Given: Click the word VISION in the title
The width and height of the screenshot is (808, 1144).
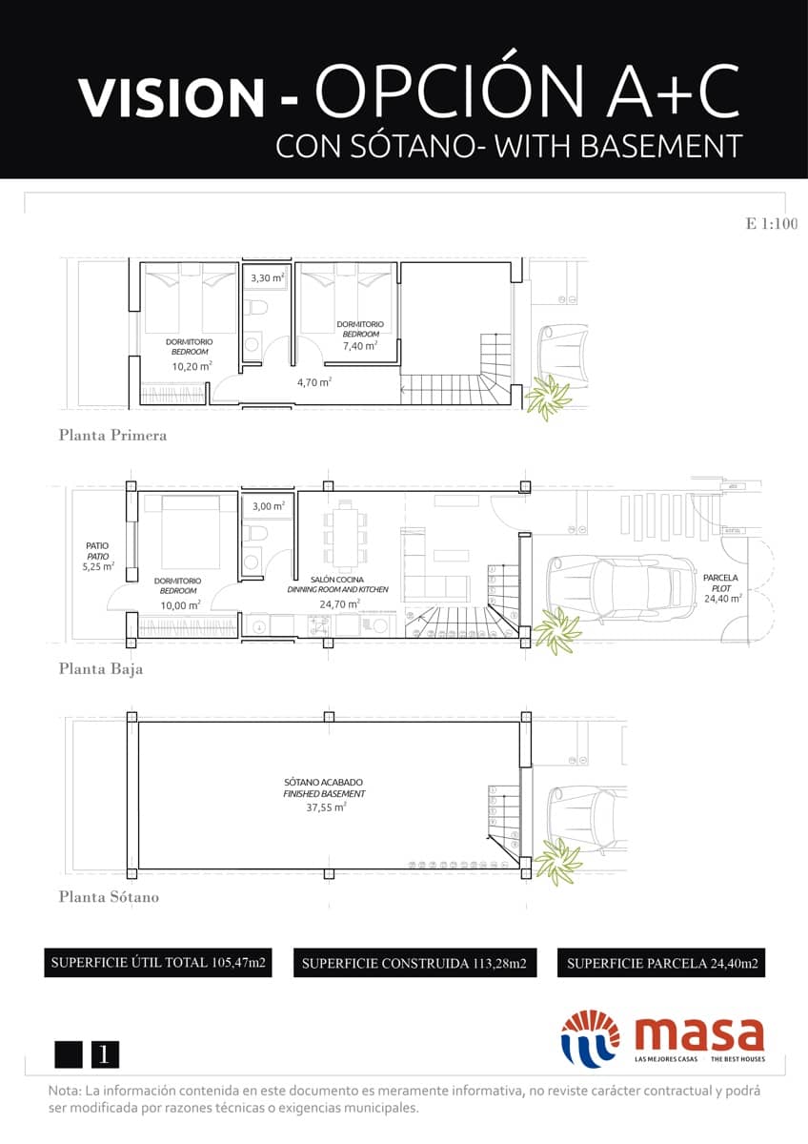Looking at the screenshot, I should (x=172, y=96).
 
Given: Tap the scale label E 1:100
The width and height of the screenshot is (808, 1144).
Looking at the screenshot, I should (x=771, y=225).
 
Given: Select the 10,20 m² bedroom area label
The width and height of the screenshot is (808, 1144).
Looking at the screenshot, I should (x=192, y=365).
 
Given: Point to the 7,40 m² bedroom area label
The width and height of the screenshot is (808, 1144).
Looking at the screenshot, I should (x=360, y=345).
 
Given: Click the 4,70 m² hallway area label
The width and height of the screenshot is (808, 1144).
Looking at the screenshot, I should (x=313, y=382).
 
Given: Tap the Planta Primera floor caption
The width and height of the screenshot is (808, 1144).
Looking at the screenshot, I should (x=112, y=436).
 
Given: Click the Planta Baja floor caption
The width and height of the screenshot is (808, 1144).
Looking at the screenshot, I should (x=101, y=669).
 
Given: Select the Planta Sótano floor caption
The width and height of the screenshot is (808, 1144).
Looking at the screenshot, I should (x=109, y=897).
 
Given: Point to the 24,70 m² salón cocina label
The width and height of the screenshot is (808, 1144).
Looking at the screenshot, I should (x=338, y=603).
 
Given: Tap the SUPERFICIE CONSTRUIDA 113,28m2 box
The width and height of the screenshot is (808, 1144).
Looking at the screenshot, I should (x=414, y=964).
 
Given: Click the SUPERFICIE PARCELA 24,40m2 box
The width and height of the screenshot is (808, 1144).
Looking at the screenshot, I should (x=662, y=964).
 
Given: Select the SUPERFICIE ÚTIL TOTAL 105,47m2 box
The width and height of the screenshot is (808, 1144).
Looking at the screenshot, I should (x=158, y=963).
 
